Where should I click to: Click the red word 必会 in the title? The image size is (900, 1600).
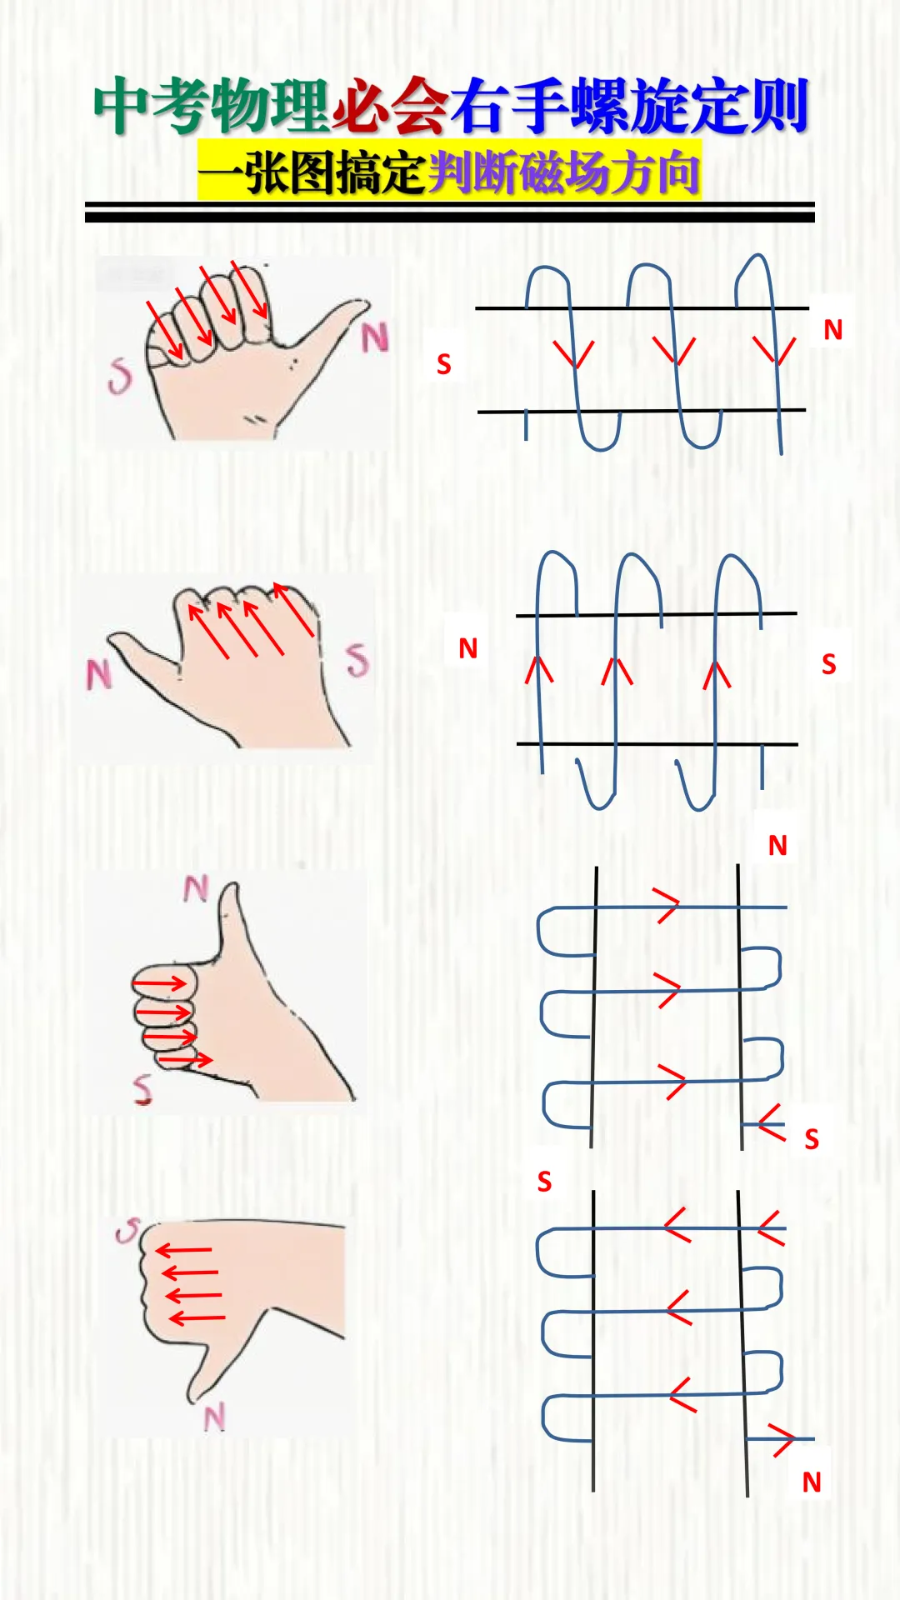point(391,106)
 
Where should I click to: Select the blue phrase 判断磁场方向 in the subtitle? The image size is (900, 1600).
point(563,172)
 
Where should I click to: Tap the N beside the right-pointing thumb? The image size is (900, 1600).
point(375,337)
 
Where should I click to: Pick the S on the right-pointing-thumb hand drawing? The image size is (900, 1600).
point(120,376)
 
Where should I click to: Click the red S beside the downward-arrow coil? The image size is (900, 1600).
point(444,364)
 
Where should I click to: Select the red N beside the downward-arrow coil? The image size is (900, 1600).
point(833,330)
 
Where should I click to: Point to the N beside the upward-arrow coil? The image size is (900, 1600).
point(468,648)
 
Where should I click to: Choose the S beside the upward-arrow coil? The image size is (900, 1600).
point(828,664)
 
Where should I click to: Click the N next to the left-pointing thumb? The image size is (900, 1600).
point(98,674)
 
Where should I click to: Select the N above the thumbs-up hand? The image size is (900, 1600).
point(196,888)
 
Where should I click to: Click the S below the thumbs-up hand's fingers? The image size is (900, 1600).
point(142,1089)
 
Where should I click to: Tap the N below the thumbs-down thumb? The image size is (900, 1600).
point(215,1417)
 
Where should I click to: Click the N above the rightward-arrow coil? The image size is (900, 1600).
point(777,846)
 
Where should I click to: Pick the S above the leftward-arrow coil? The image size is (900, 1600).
point(544,1182)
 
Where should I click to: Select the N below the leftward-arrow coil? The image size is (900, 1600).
point(812,1482)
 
